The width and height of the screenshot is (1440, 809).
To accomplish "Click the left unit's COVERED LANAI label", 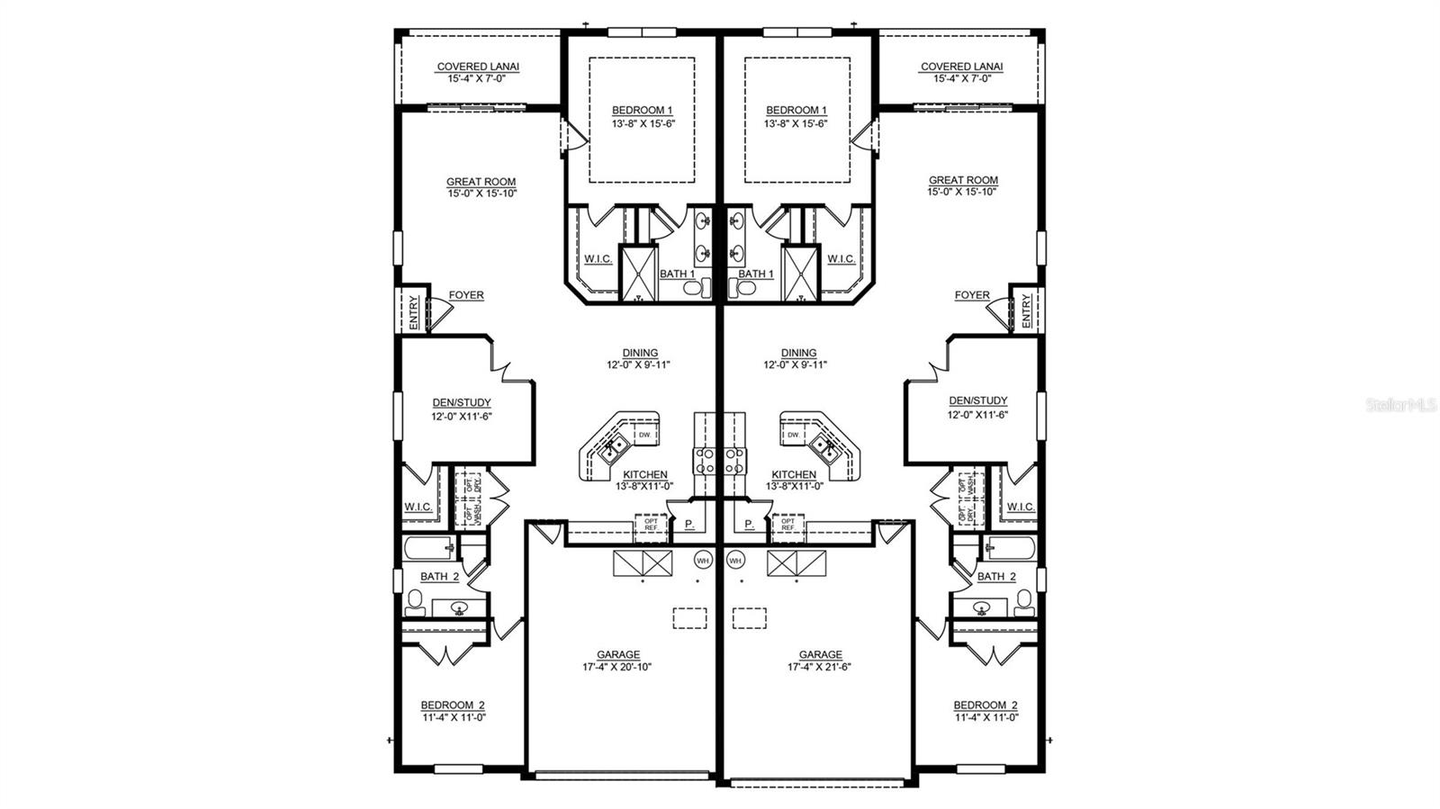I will (478, 67).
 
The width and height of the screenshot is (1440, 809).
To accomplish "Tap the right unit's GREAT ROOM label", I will (963, 180).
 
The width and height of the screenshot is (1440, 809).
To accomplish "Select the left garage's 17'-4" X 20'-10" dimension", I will (617, 668).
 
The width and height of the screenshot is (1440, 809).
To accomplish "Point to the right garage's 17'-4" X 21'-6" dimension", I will (820, 668).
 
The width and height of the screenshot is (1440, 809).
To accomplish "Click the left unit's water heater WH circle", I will (703, 560).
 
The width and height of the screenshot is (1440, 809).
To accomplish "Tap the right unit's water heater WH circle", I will (735, 560).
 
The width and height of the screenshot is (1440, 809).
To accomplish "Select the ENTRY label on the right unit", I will (1027, 311).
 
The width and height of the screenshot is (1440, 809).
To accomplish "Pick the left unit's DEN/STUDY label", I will (462, 403).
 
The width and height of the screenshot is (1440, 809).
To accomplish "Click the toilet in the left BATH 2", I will (415, 600).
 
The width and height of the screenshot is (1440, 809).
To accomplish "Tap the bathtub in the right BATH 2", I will (1010, 547).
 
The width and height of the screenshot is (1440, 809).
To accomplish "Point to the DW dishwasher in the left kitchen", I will (644, 436).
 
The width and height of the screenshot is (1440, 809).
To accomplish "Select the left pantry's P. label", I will (688, 523).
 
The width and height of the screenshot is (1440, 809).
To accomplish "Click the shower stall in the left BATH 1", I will (639, 271).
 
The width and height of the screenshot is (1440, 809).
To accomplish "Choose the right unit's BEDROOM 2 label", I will (985, 706).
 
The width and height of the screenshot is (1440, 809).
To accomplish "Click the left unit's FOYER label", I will (466, 295).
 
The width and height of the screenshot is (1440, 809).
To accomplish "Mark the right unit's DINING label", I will (798, 354).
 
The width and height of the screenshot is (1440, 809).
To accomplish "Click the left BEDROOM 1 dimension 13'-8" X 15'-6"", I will (643, 123).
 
